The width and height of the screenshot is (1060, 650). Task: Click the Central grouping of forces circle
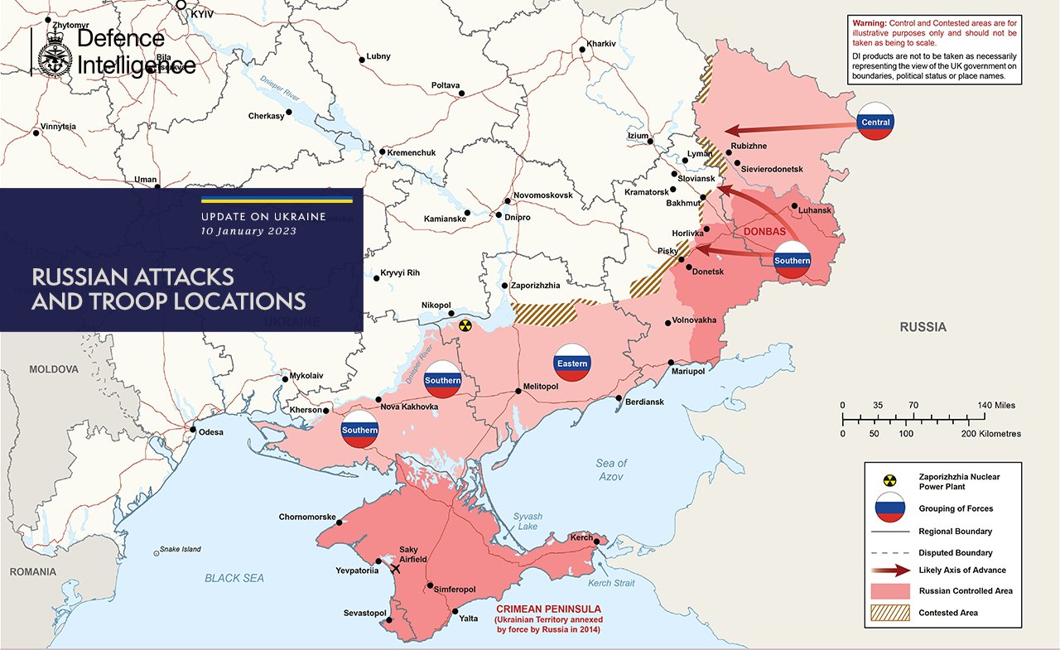(x=875, y=122)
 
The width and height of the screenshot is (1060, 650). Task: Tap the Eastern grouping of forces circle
(x=572, y=363)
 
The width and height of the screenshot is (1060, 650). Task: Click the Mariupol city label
(x=688, y=372)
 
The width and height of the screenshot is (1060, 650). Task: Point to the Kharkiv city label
(x=601, y=43)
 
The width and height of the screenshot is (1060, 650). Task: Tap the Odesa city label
(x=211, y=431)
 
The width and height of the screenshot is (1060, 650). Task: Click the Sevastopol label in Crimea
(x=365, y=613)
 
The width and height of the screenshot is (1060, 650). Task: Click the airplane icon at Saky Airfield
(x=394, y=568)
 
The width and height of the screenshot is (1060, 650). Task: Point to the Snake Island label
(x=180, y=549)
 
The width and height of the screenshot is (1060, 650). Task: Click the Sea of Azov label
(x=611, y=469)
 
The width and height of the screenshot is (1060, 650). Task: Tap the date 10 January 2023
(x=248, y=231)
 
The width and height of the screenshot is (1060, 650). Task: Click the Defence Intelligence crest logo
(x=55, y=52)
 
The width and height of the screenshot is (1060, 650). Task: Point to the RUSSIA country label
(x=923, y=327)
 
